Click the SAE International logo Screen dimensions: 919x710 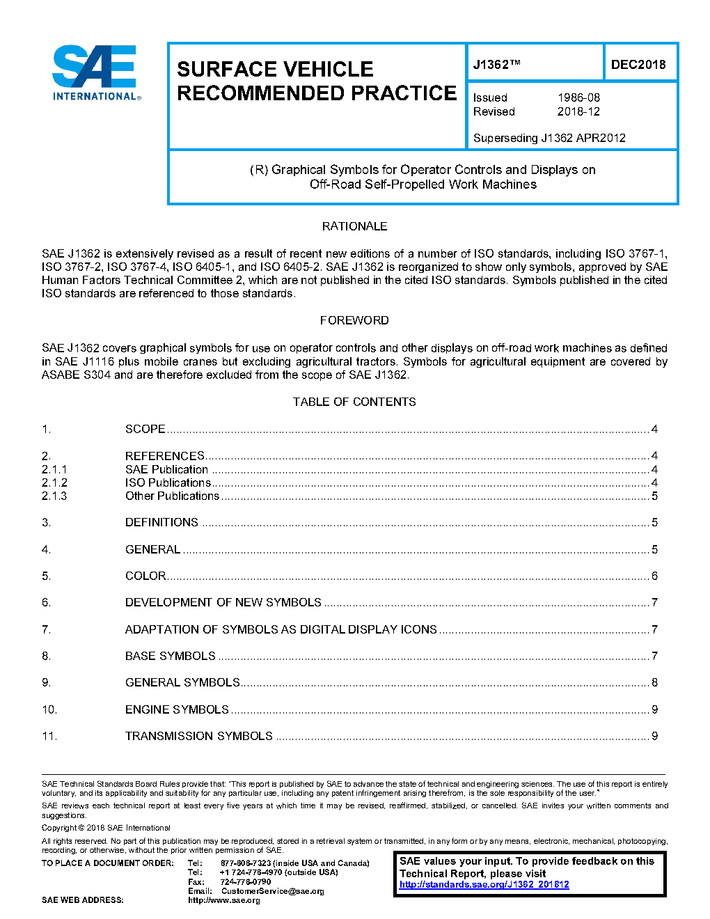(96, 73)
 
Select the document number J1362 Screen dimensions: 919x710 (496, 65)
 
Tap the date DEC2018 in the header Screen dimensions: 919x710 (638, 65)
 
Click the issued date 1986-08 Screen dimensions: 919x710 (578, 97)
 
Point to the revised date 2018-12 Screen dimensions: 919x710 (578, 111)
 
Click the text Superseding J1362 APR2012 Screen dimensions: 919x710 (549, 138)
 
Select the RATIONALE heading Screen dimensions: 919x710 (354, 226)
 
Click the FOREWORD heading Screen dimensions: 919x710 (354, 320)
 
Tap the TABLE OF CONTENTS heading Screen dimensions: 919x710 (354, 402)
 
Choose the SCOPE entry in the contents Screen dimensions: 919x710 (145, 429)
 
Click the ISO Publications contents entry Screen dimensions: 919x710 (168, 482)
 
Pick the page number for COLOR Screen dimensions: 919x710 (654, 576)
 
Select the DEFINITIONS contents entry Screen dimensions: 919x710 (161, 522)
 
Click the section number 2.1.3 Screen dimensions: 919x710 (54, 496)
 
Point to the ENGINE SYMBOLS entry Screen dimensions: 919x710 (177, 709)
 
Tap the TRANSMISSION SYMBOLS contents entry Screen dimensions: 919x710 (199, 736)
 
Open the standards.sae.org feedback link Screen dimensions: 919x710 (484, 885)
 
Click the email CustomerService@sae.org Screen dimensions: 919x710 (272, 891)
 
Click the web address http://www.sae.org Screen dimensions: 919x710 (223, 900)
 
